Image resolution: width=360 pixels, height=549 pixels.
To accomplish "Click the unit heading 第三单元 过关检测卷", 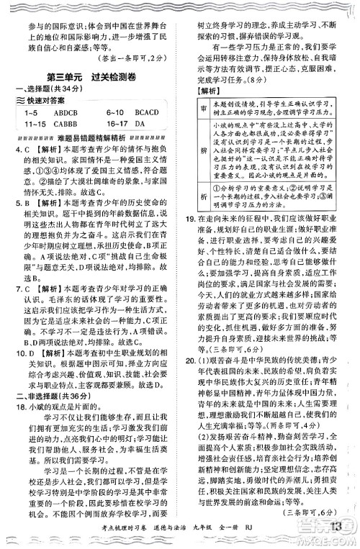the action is point(91,77).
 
